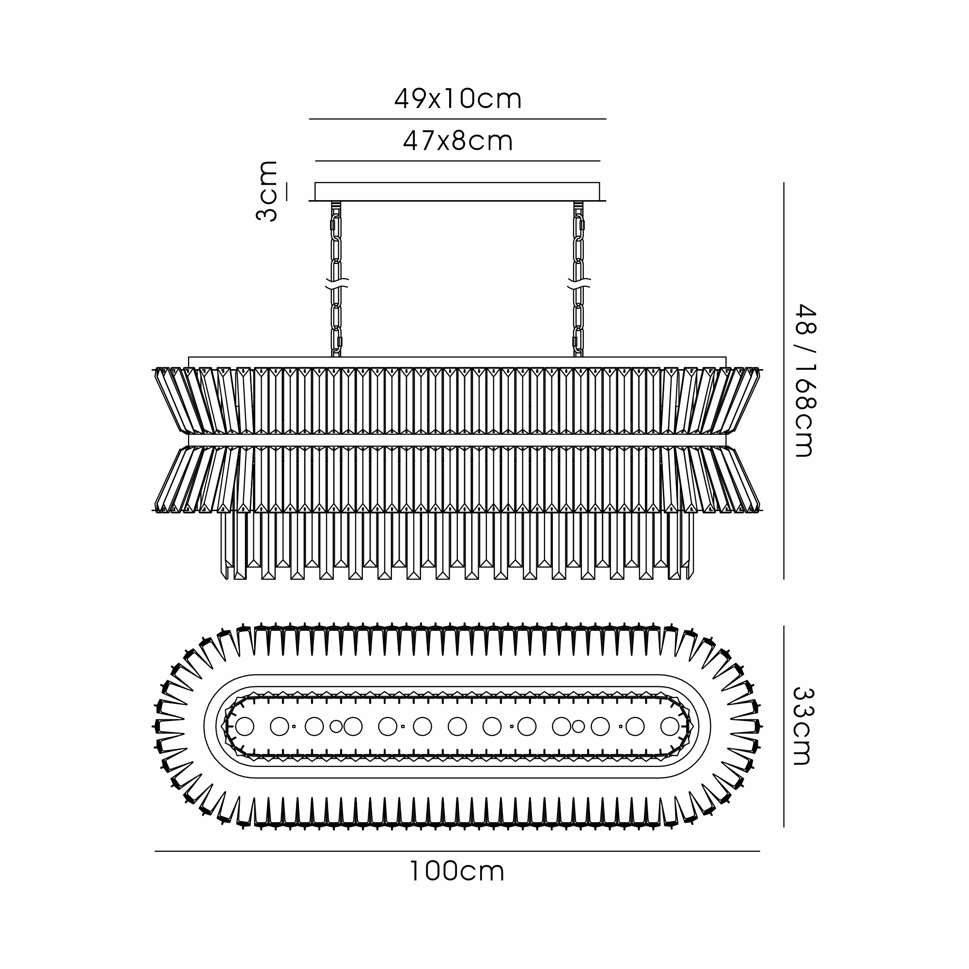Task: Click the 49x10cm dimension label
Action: (457, 99)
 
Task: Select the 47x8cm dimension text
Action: (458, 141)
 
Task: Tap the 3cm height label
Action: (266, 191)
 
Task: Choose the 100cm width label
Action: (457, 871)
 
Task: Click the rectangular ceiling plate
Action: (457, 191)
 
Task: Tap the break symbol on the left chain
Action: (337, 284)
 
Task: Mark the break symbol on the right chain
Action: (579, 284)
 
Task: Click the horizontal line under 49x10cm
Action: (457, 119)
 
